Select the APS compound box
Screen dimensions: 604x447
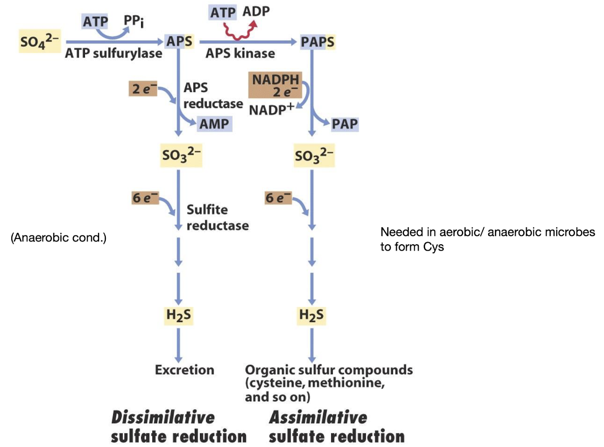click(x=179, y=41)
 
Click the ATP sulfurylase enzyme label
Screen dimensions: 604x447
click(x=113, y=53)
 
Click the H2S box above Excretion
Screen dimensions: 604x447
click(x=178, y=315)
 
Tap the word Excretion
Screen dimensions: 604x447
click(x=185, y=370)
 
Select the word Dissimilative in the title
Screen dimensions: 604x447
click(x=163, y=418)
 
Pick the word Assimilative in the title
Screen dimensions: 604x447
click(x=318, y=418)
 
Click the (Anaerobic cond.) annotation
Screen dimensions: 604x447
click(x=59, y=238)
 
